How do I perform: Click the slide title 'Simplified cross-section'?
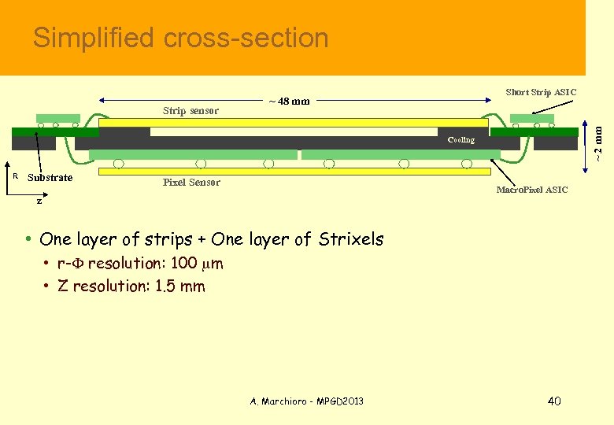180,38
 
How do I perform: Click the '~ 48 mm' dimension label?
289,101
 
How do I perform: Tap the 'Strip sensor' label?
190,111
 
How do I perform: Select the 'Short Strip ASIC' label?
541,92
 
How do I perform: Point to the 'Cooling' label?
461,140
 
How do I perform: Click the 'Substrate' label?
50,178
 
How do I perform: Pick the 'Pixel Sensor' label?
191,183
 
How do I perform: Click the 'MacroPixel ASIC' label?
531,190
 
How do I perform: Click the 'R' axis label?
16,176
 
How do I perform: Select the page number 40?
553,401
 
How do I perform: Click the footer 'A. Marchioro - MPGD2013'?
307,401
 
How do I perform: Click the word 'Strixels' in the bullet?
351,239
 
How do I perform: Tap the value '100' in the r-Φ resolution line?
183,264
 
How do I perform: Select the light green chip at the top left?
58,118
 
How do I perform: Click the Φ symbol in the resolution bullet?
80,264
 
